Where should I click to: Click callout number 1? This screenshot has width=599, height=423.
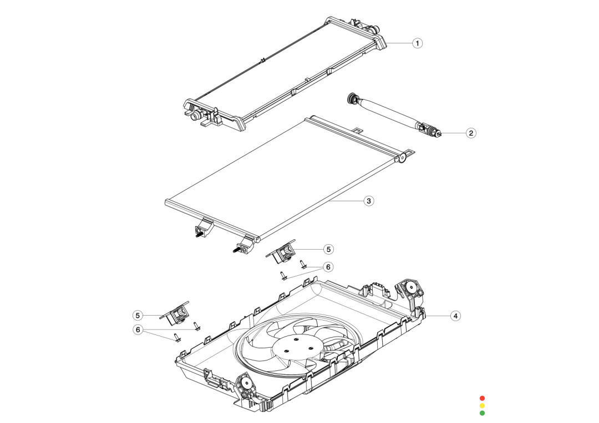pyautogui.click(x=418, y=43)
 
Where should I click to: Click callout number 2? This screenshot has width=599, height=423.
pyautogui.click(x=470, y=133)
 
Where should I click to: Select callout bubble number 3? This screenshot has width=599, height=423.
pyautogui.click(x=368, y=201)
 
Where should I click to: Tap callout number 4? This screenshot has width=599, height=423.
pyautogui.click(x=455, y=316)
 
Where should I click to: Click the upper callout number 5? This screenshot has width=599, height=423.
pyautogui.click(x=329, y=249)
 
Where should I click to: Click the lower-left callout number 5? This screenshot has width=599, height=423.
pyautogui.click(x=138, y=315)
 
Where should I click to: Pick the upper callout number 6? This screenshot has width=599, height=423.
pyautogui.click(x=329, y=267)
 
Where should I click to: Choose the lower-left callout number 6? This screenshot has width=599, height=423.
pyautogui.click(x=138, y=330)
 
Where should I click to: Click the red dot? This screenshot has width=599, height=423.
pyautogui.click(x=482, y=398)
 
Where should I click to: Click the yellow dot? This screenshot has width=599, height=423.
pyautogui.click(x=482, y=405)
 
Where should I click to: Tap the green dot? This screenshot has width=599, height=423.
pyautogui.click(x=482, y=413)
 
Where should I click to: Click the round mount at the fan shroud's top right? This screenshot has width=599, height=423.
pyautogui.click(x=411, y=287)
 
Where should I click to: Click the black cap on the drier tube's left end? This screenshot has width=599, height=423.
pyautogui.click(x=351, y=99)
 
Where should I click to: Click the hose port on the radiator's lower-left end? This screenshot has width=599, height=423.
pyautogui.click(x=195, y=116)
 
